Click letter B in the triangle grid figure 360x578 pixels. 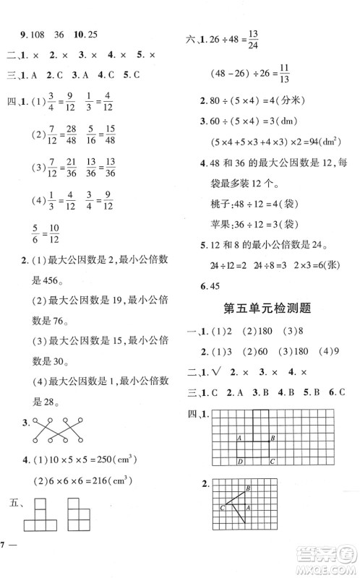point(248,490)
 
